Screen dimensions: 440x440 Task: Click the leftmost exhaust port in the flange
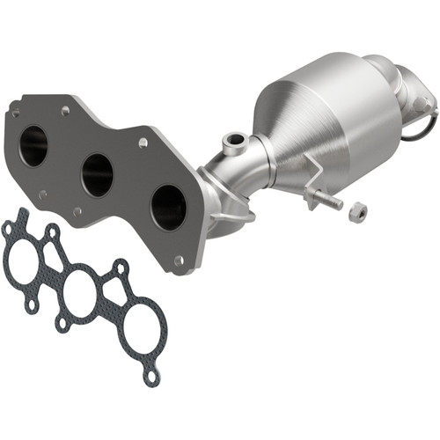(x=33, y=145)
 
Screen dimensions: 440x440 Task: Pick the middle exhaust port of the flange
(x=97, y=175)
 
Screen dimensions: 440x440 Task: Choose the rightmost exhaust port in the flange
(x=168, y=208)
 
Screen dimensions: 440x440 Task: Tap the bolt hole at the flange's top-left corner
(x=15, y=113)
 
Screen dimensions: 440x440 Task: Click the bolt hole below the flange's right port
(x=180, y=260)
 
